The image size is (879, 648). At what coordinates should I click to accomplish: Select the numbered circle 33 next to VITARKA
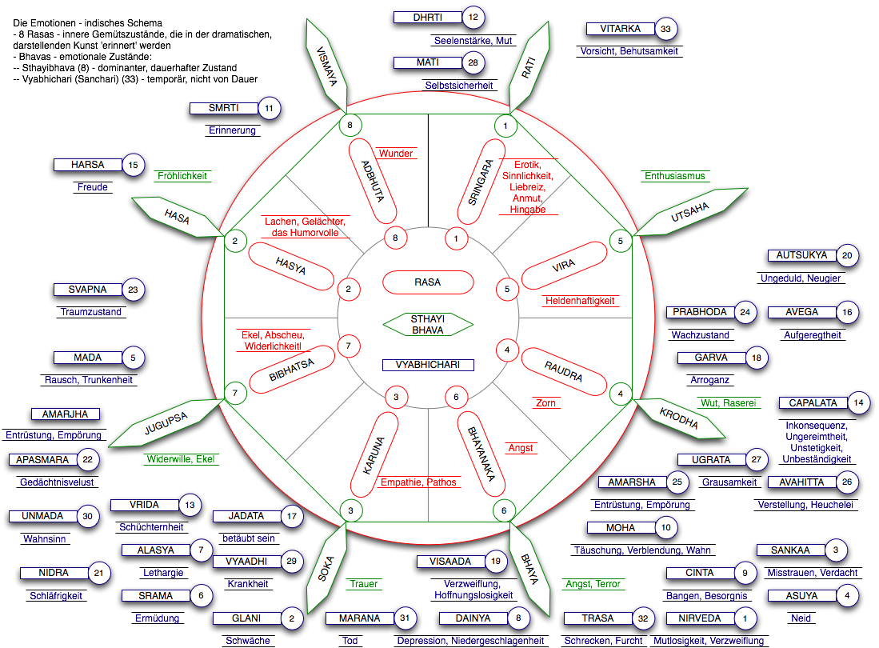[665, 30]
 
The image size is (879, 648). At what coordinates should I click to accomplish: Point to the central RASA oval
[427, 282]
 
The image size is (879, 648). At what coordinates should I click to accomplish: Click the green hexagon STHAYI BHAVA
[428, 324]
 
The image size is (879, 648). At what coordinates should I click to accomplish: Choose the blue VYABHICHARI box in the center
[428, 365]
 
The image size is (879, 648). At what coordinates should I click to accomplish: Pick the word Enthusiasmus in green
[676, 176]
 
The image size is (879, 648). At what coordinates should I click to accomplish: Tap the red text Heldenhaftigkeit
[580, 301]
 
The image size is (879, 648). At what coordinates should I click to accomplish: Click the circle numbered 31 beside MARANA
[405, 618]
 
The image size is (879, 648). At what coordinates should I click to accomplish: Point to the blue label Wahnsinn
[44, 539]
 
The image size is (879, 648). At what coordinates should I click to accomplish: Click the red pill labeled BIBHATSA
[291, 369]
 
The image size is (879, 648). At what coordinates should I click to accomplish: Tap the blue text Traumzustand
[91, 312]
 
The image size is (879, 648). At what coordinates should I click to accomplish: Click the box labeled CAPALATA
[813, 403]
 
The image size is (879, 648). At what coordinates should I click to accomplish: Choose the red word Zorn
[545, 403]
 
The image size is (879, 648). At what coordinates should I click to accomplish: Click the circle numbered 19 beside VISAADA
[496, 562]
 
